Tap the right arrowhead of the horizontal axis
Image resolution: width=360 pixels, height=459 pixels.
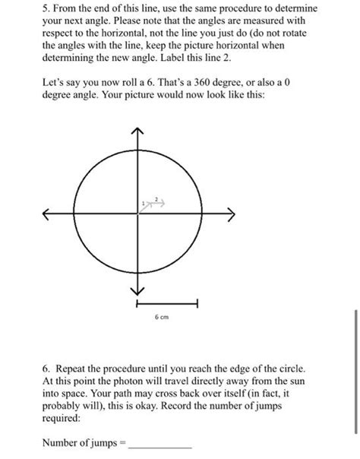click(232, 214)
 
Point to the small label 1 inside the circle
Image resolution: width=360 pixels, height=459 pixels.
click(142, 203)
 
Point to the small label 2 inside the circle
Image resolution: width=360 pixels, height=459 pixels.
click(155, 200)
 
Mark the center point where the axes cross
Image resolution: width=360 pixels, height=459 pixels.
click(137, 214)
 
